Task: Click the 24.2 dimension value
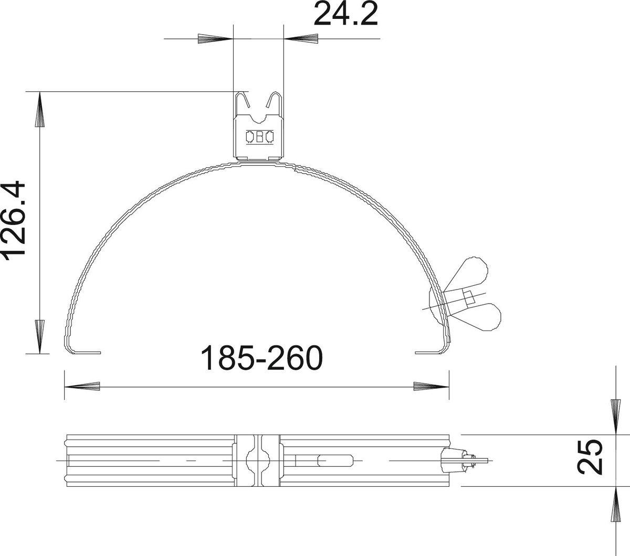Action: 346,14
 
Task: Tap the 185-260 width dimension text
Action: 262,358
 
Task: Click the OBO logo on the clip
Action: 260,137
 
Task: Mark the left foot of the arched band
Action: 83,352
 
